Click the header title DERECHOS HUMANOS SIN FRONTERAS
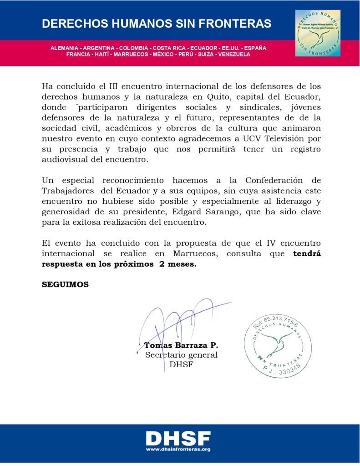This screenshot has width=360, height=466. click(157, 24)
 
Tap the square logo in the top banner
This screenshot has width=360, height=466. click(318, 33)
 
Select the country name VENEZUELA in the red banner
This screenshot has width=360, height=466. click(234, 54)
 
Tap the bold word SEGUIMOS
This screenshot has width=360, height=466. click(65, 285)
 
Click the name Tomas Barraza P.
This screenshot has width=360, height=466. click(181, 345)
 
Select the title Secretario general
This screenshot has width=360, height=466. click(181, 355)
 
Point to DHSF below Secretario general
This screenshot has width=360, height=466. click(181, 364)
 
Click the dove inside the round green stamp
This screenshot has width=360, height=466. click(277, 342)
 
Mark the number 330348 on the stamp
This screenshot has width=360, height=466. click(287, 371)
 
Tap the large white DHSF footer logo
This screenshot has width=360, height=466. click(178, 438)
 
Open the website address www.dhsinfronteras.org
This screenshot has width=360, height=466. click(178, 449)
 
